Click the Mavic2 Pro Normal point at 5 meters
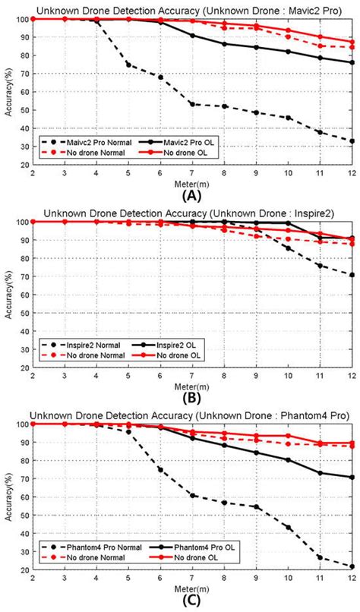click(x=128, y=65)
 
